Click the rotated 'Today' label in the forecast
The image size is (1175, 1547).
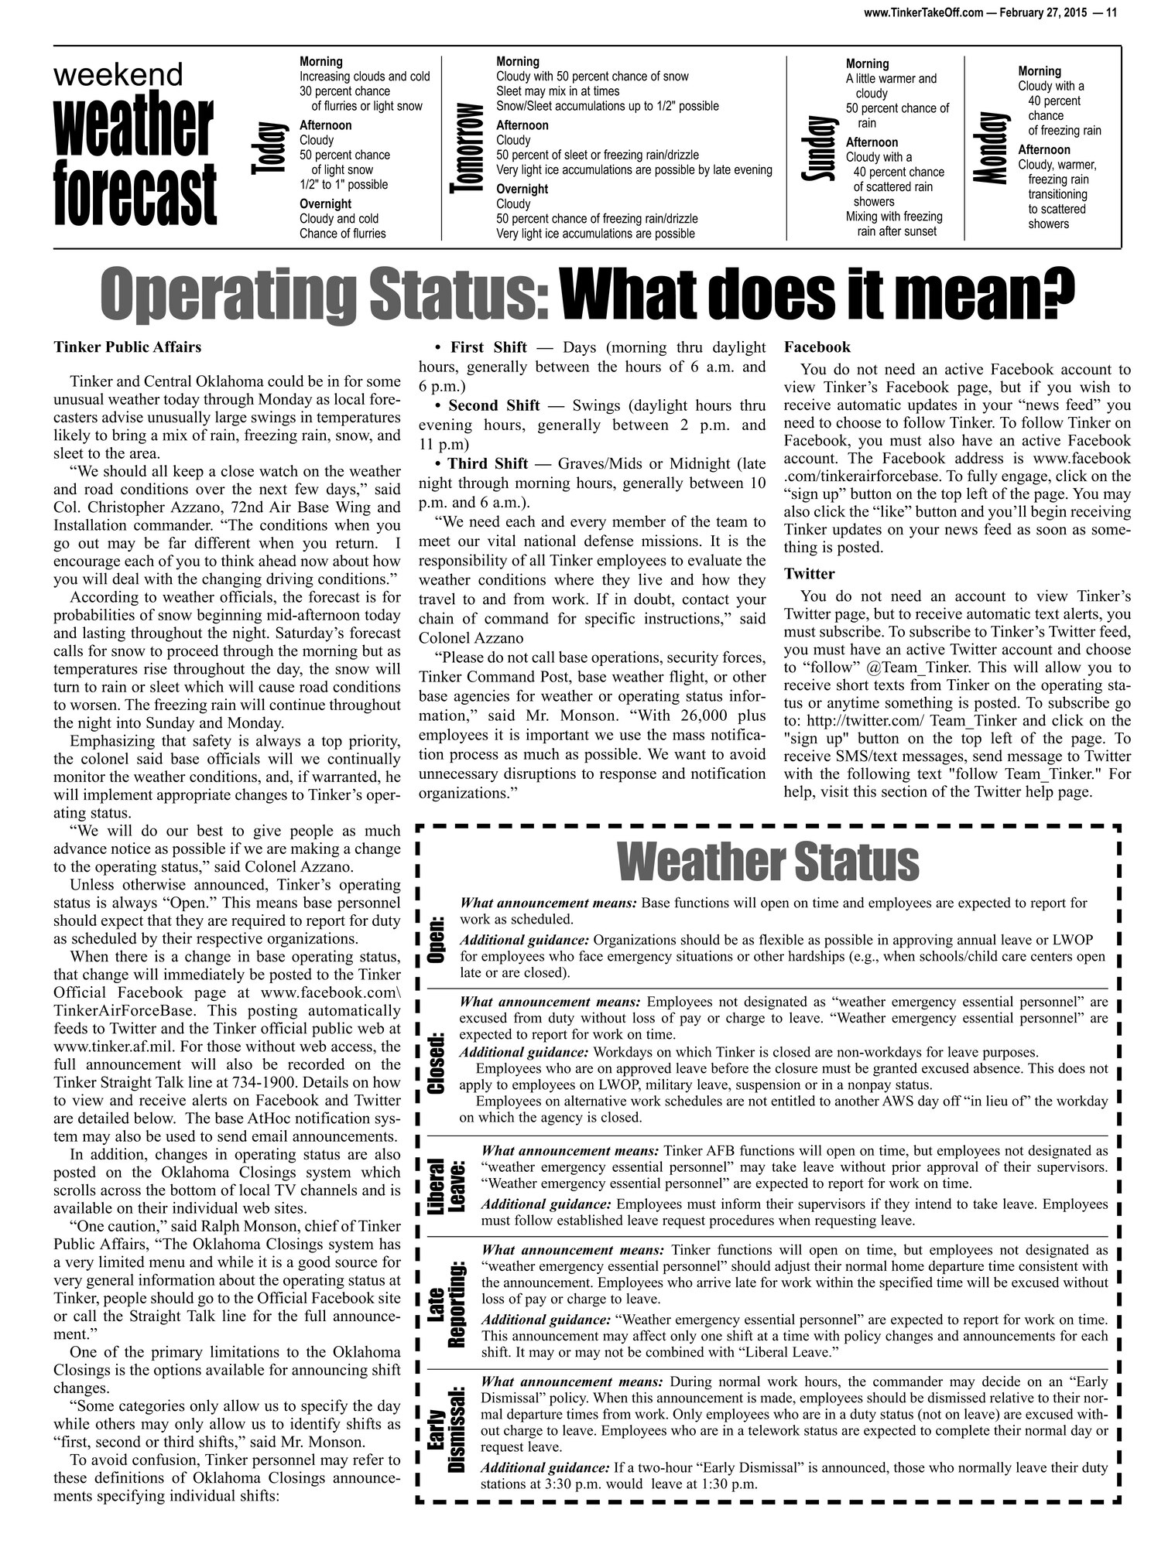pos(265,149)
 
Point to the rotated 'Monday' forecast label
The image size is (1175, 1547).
pos(993,148)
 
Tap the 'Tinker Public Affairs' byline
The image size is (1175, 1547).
pos(128,347)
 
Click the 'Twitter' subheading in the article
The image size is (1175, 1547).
pos(809,574)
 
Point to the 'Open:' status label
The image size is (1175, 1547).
pos(437,939)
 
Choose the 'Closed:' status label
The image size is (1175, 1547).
pos(437,1063)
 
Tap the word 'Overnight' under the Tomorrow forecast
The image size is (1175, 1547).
pos(522,190)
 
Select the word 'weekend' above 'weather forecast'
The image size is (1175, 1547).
pos(118,75)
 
